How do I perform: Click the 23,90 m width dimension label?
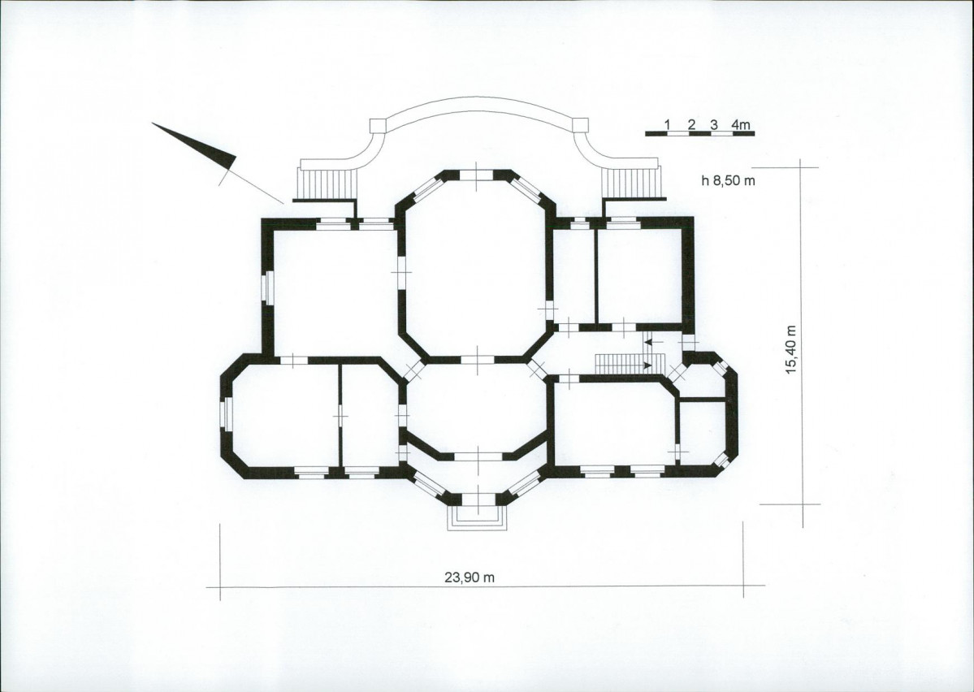point(470,577)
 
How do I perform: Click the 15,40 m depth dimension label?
point(790,349)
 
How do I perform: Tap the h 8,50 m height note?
point(728,181)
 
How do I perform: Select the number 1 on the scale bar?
point(667,124)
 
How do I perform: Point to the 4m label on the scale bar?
point(741,124)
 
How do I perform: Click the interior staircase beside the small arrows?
point(617,364)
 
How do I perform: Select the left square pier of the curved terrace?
point(378,125)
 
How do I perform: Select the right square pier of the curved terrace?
point(579,124)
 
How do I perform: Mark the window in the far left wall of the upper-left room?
point(267,288)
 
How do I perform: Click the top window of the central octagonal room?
point(477,175)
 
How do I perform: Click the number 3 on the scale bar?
point(714,124)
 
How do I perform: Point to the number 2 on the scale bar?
point(691,124)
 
